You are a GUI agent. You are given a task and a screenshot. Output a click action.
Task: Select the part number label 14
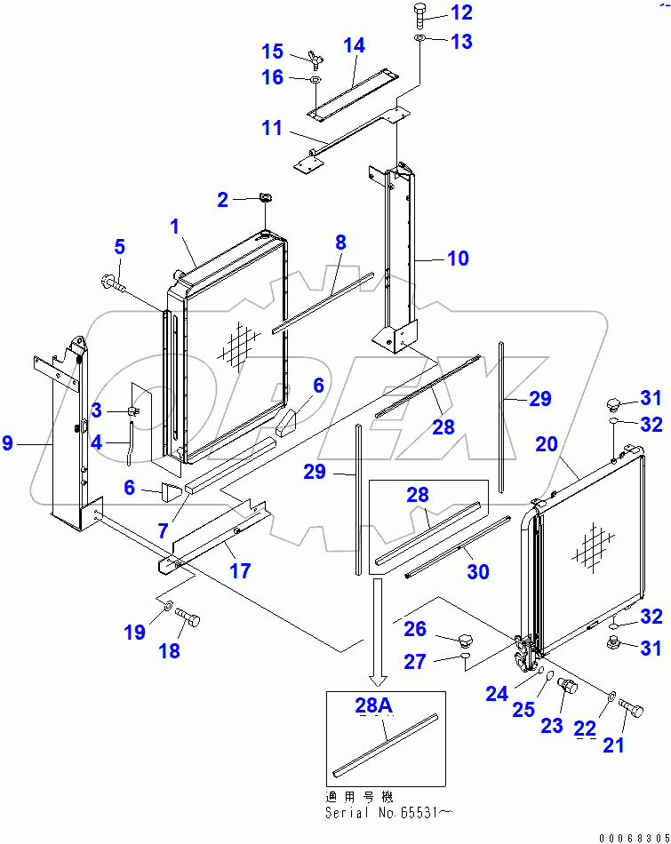[x=354, y=45]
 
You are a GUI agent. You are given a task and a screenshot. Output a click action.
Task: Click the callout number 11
[x=271, y=129]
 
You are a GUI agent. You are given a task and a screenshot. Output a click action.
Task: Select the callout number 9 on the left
[x=8, y=442]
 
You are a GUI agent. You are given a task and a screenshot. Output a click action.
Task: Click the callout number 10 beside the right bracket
[x=459, y=259]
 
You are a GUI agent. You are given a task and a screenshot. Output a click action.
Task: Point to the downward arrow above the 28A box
[x=379, y=632]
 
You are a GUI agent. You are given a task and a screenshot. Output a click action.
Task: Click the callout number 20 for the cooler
[x=547, y=442]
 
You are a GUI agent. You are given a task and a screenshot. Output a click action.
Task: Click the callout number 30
[x=478, y=573]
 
